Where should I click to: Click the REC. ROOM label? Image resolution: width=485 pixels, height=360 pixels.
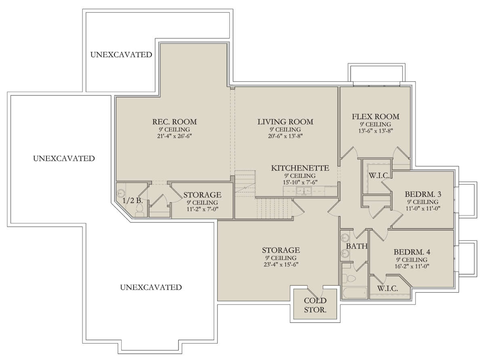[x=175, y=122]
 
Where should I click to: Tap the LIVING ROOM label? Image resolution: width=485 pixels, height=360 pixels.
[x=285, y=122]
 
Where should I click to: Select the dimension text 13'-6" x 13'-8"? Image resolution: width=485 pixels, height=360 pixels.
[x=375, y=131]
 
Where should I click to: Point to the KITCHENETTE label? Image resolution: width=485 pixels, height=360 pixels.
[x=300, y=168]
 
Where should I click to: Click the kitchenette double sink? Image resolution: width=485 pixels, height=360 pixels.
[x=304, y=191]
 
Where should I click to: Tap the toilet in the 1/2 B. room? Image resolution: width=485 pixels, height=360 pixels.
[x=139, y=212]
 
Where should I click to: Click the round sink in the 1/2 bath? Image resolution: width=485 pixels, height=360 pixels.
[x=120, y=193]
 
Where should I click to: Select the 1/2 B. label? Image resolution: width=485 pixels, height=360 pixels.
[x=133, y=200]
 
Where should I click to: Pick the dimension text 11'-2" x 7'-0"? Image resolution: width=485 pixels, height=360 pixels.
[x=202, y=209]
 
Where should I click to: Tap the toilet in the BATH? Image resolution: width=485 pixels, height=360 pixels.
[x=349, y=278]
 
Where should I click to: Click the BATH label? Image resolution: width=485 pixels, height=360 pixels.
[x=356, y=246]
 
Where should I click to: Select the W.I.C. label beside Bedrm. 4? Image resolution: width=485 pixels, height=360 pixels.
[x=388, y=288]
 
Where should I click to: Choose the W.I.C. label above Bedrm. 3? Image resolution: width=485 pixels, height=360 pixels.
[x=379, y=175]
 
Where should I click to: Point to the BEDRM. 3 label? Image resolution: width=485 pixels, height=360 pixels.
[x=423, y=194]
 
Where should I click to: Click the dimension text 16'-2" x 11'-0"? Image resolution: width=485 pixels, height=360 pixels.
[x=412, y=266]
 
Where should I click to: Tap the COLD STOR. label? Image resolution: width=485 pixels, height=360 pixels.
[x=315, y=305]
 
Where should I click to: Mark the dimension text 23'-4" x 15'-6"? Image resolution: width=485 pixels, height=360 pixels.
[x=281, y=265]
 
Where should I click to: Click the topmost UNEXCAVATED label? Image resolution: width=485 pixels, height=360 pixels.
[x=121, y=55]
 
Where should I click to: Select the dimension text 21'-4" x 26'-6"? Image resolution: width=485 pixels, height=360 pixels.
[x=174, y=136]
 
